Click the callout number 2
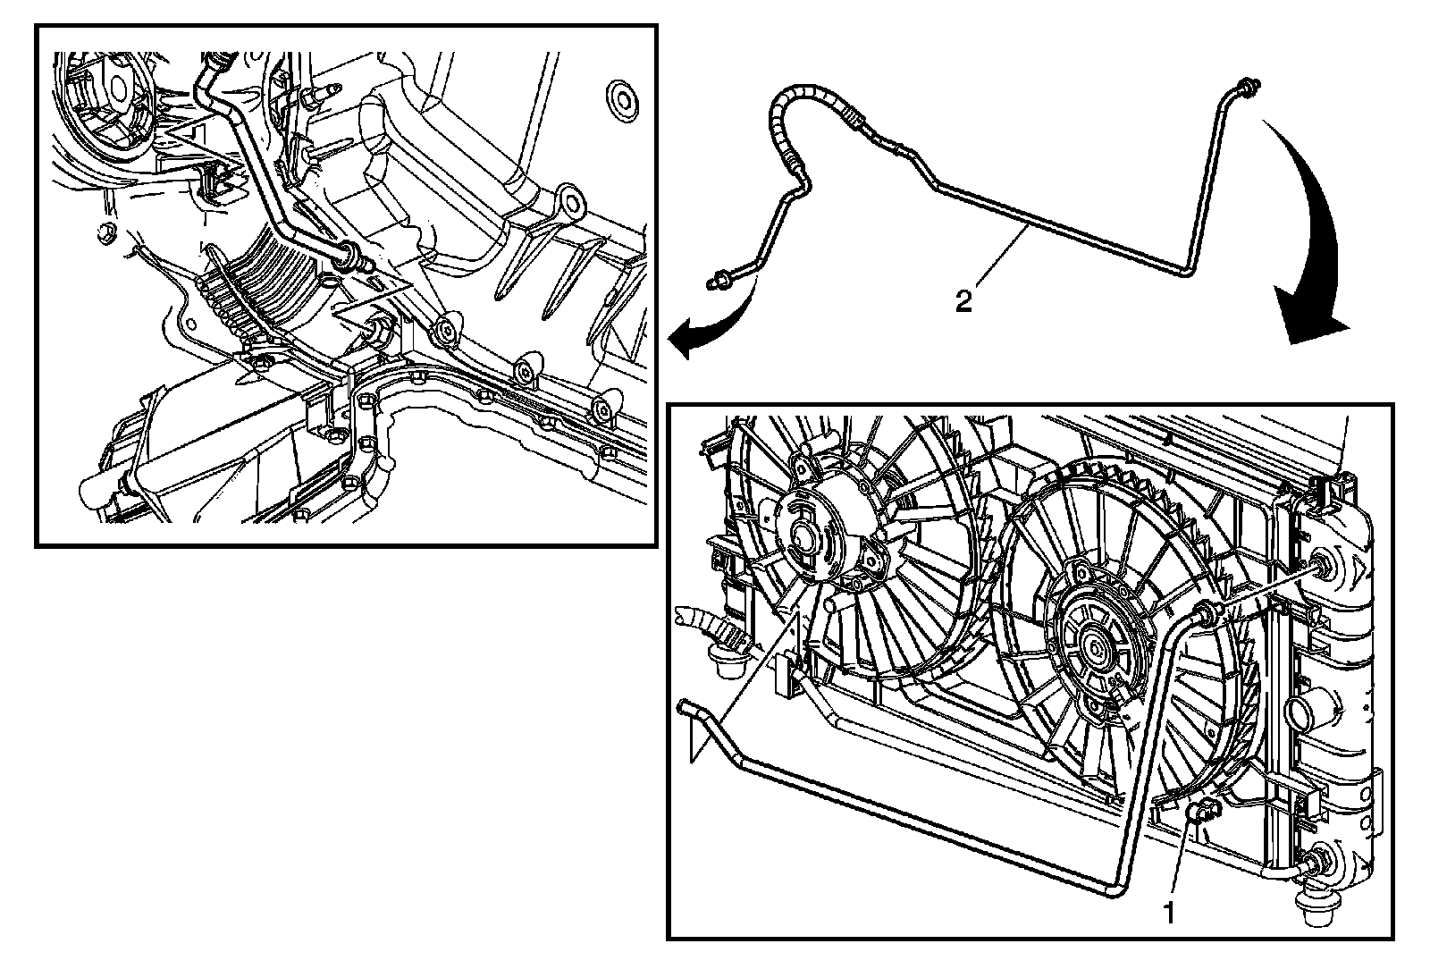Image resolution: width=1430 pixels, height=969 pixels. (x=963, y=301)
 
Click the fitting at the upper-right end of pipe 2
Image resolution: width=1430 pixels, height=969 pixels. (x=1244, y=87)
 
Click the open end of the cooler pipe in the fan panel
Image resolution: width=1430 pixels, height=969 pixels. (x=687, y=708)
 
